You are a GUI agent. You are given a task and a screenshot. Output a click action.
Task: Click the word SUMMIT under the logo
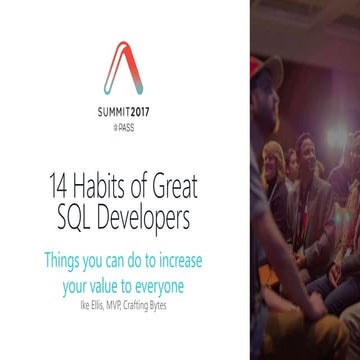coord(110,113)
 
